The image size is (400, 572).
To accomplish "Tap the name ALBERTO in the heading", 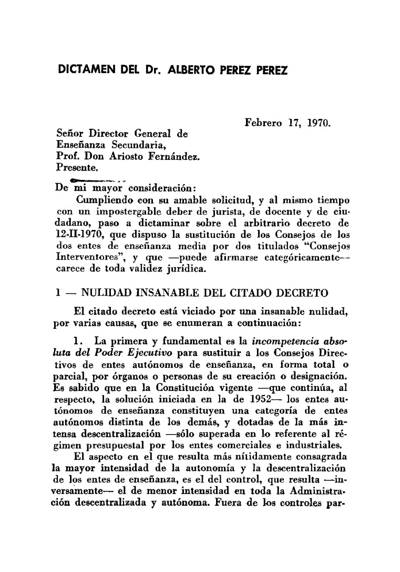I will [x=192, y=71].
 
